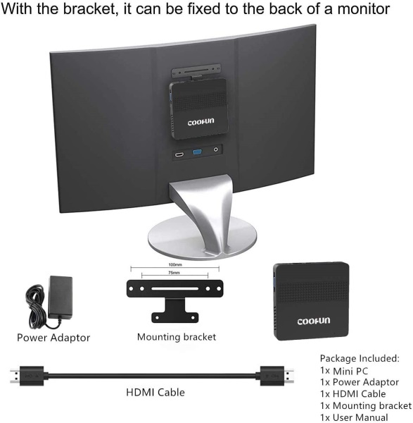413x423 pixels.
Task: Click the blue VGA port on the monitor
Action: coord(197,152)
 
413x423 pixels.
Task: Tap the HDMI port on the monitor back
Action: coord(179,154)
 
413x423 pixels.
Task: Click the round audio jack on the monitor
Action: coord(216,149)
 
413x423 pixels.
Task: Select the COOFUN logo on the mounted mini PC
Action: coord(201,122)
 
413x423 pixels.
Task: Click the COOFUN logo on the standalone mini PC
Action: coord(313,321)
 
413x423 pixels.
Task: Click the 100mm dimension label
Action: coord(175,264)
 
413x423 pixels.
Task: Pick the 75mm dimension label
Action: coord(174,273)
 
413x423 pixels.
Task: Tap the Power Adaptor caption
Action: coord(53,338)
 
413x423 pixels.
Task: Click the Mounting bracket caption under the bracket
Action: coord(177,337)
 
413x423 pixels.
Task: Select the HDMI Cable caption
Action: coord(155,392)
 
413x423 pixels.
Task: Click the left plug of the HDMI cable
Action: coord(27,376)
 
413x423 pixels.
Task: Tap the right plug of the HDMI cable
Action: coord(277,376)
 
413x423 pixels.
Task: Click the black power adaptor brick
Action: coord(61,298)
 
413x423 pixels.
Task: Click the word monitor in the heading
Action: coord(364,8)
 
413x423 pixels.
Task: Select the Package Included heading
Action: coord(360,359)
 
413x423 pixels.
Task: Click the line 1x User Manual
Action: coord(354,417)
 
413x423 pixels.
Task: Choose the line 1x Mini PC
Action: coord(344,371)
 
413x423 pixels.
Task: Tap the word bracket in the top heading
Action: coord(90,8)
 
